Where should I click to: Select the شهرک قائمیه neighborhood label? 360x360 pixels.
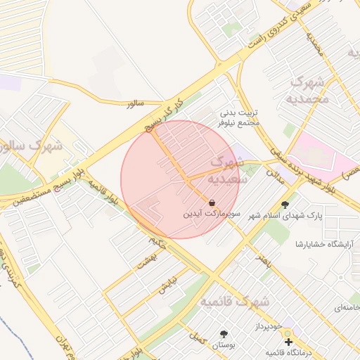pos(234,302)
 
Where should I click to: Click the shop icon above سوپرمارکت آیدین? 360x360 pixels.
pos(212,202)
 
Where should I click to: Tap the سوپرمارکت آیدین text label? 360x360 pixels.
pos(212,212)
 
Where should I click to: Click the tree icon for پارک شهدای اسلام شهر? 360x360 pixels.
pos(285,205)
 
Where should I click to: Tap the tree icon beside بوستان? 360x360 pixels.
pos(224,334)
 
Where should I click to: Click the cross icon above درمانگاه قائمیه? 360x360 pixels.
pos(288,342)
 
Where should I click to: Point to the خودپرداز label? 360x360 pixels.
pos(268,328)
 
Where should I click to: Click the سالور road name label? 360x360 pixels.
pos(135,103)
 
